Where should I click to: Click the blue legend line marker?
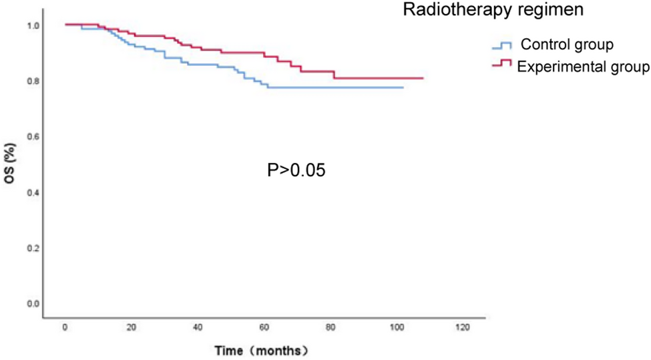[501, 45]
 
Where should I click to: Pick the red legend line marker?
[501, 63]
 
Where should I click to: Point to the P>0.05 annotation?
[296, 170]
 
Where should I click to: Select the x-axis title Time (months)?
[260, 350]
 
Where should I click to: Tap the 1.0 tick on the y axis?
[33, 25]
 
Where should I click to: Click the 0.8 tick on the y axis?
[33, 81]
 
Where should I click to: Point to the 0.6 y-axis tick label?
[33, 137]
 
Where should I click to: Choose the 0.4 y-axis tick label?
[33, 192]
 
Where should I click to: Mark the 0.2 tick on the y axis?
[33, 248]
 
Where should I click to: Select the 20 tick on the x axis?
[131, 328]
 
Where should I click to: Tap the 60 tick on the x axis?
[264, 328]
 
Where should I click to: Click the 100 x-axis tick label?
[396, 328]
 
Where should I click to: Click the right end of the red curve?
[423, 78]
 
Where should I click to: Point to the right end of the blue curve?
[403, 87]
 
